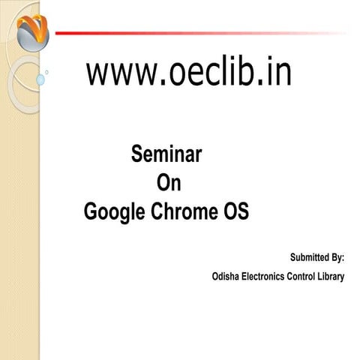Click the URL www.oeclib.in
[x=189, y=74]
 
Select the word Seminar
[x=166, y=156]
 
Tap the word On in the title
[x=167, y=184]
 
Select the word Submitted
[x=307, y=257]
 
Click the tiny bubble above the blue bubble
[x=46, y=72]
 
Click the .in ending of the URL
[x=274, y=74]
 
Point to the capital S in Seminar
[x=138, y=156]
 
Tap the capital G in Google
[x=91, y=211]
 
